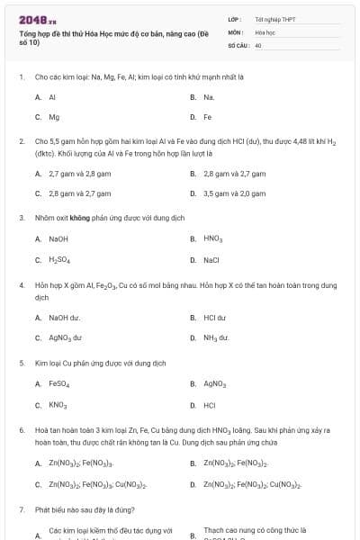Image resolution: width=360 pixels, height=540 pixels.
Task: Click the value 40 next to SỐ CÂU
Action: pyautogui.click(x=258, y=43)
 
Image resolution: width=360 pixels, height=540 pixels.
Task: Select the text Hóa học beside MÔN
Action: pyautogui.click(x=265, y=31)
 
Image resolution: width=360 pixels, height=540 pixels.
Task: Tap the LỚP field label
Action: pyautogui.click(x=234, y=18)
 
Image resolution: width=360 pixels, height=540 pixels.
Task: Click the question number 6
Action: pyautogui.click(x=21, y=430)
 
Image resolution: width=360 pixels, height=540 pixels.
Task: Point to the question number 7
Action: pyautogui.click(x=21, y=509)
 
